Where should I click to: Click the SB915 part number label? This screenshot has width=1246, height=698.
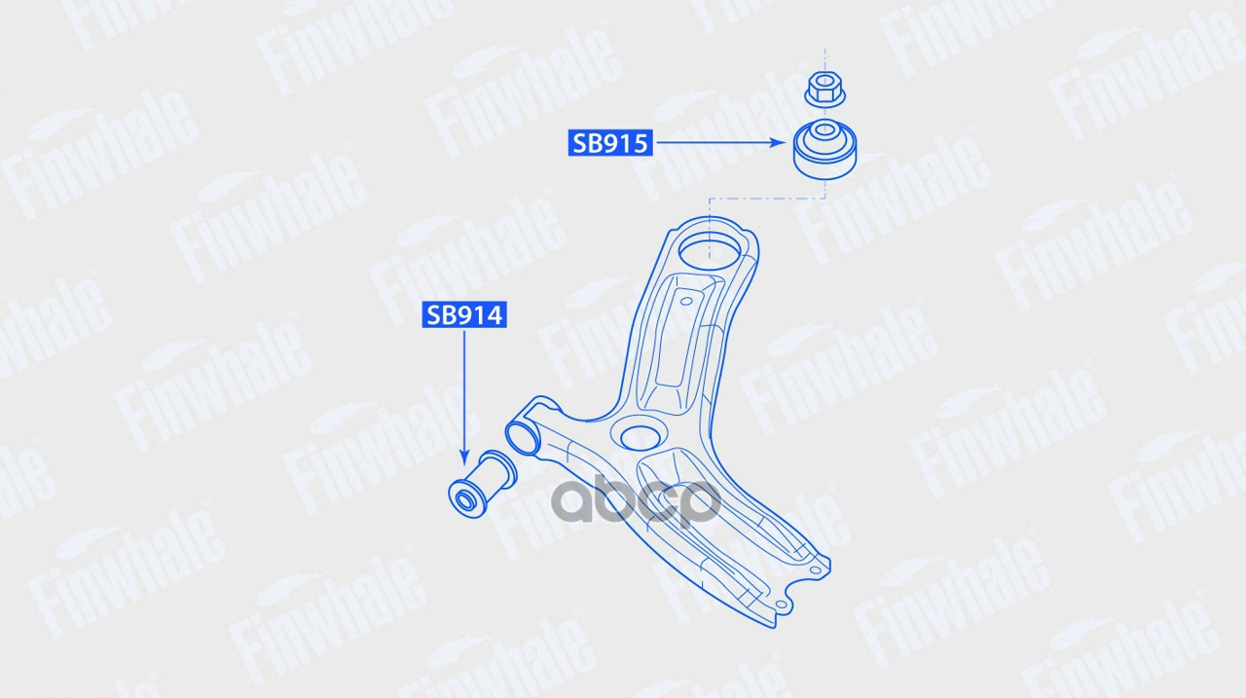point(610,143)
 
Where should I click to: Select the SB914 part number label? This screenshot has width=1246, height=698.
point(464,315)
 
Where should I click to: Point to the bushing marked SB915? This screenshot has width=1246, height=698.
point(825,149)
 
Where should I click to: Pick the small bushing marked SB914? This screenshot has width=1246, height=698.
point(482,485)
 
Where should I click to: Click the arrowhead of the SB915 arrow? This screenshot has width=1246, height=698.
point(778,143)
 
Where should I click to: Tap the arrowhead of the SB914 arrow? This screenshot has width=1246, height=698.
point(464,459)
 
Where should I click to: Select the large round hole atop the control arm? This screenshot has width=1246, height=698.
point(710,252)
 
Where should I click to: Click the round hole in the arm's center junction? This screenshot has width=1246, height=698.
point(641,438)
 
